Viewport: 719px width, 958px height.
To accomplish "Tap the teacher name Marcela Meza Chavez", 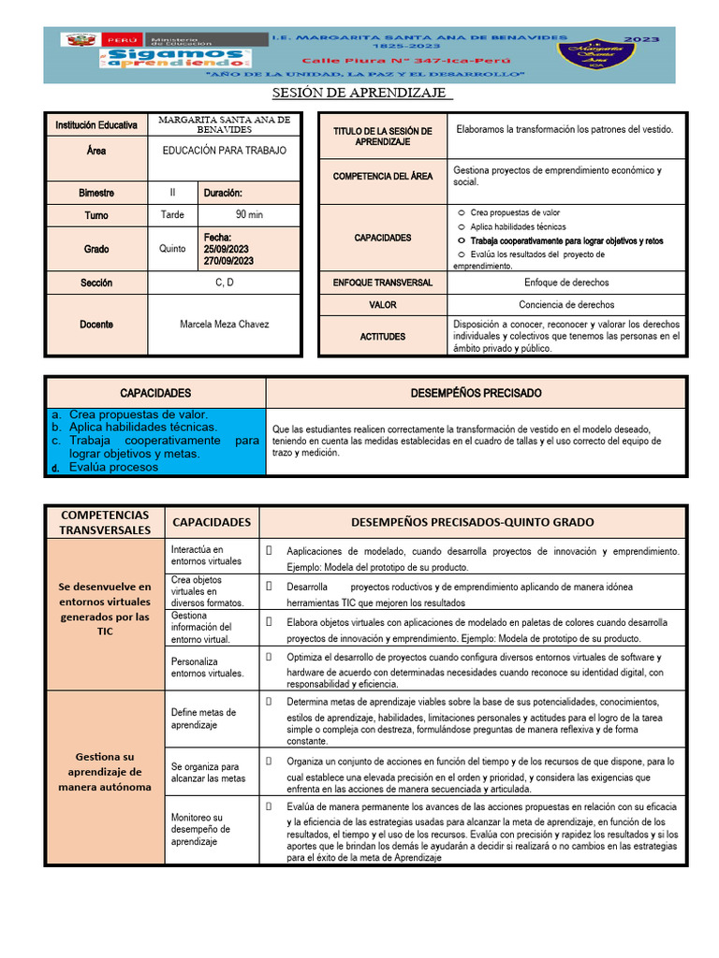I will tap(224, 325).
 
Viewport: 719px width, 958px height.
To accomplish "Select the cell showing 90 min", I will tap(249, 215).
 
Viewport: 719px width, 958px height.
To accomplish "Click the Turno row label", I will tap(95, 215).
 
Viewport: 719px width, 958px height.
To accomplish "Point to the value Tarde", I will tap(172, 215).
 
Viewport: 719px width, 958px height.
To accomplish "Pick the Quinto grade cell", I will tap(172, 249).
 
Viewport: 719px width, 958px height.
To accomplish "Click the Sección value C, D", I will tap(224, 283).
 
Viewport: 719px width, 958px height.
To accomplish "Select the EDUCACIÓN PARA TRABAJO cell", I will tap(224, 151).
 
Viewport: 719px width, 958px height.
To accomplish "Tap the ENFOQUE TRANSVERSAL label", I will tap(383, 283).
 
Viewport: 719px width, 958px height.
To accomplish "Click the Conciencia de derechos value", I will tap(566, 305).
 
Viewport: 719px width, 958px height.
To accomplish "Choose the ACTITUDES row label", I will tap(383, 336).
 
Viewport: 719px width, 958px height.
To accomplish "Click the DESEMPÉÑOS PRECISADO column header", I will tap(476, 393).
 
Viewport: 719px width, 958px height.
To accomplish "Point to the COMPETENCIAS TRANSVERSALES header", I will tap(104, 522).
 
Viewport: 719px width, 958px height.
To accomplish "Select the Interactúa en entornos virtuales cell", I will tap(198, 556).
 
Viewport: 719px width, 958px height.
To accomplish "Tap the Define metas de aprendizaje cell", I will tap(203, 718).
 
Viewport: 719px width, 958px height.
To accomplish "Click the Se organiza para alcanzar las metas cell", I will tap(208, 772).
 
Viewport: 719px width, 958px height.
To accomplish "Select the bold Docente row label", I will tap(95, 325).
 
